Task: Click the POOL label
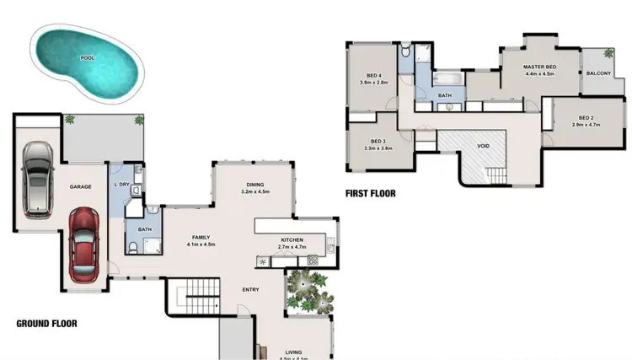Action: [x=87, y=58]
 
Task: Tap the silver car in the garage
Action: [x=38, y=180]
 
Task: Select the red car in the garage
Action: [x=84, y=245]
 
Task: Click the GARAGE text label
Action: [x=80, y=187]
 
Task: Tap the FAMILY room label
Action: [x=201, y=237]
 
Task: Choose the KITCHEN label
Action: [x=292, y=240]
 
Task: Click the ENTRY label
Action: [x=250, y=290]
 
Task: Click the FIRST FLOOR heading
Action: [x=371, y=193]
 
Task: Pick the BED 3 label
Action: [x=378, y=142]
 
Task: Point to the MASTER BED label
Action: [x=539, y=67]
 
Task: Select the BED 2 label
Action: [x=586, y=117]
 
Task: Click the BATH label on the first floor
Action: [x=445, y=96]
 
